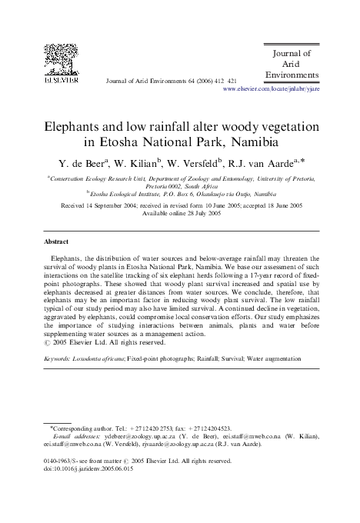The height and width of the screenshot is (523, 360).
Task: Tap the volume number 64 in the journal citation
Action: click(x=182, y=79)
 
